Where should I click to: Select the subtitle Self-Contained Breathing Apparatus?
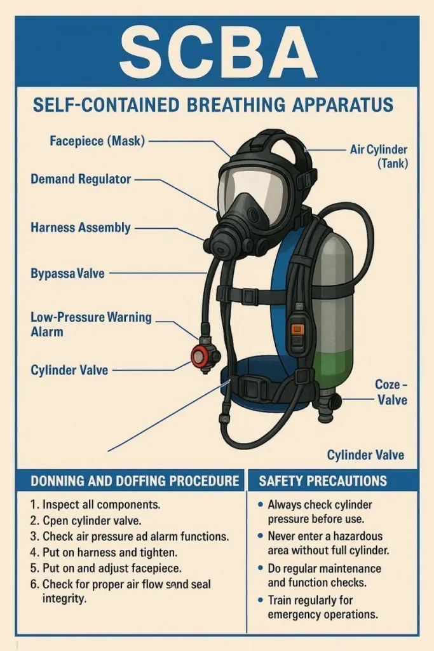(x=213, y=105)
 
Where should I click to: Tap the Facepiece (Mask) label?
(x=97, y=140)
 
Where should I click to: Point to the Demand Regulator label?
(x=81, y=179)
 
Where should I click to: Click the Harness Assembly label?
(x=81, y=228)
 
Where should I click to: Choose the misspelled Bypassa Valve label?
(x=67, y=273)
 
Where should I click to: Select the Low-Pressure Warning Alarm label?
(x=91, y=324)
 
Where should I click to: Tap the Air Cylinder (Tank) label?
(x=379, y=156)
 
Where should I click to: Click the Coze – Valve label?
(x=391, y=392)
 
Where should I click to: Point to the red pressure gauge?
(x=200, y=357)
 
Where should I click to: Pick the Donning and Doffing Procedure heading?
(x=135, y=481)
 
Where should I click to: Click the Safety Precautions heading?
(x=323, y=481)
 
